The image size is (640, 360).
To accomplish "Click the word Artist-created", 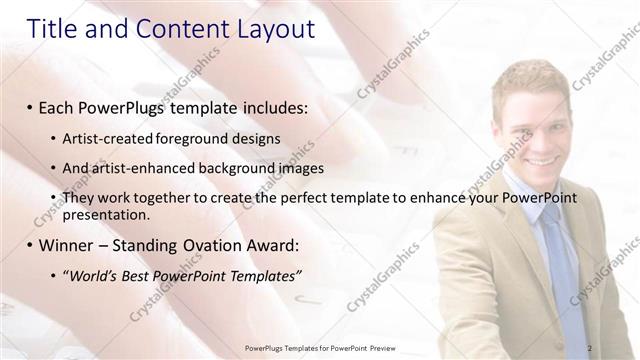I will (x=103, y=138).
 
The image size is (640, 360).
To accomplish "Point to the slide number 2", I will (x=590, y=347).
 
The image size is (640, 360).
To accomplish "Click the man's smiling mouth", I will (x=544, y=157).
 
